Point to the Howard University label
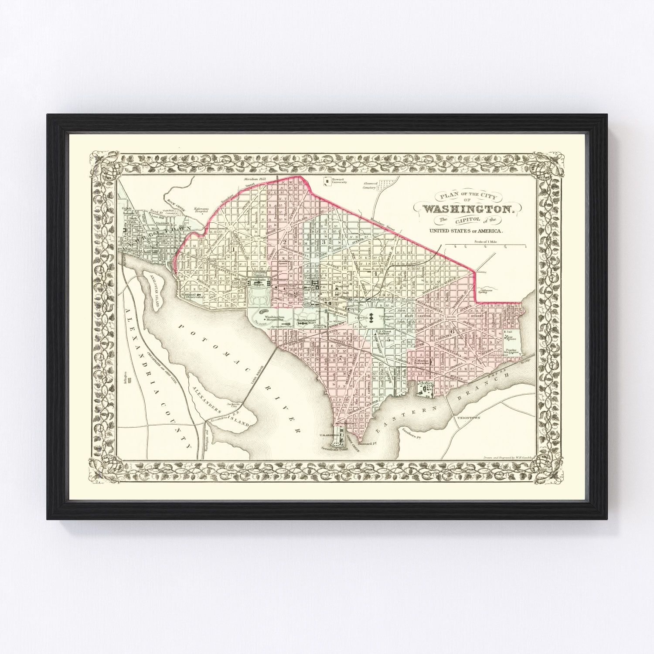click(339, 180)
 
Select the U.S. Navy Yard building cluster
click(425, 388)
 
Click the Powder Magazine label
click(511, 351)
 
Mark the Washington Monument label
click(275, 319)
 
